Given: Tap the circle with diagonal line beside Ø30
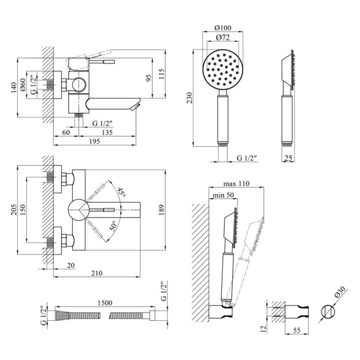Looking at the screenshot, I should click(328, 312).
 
